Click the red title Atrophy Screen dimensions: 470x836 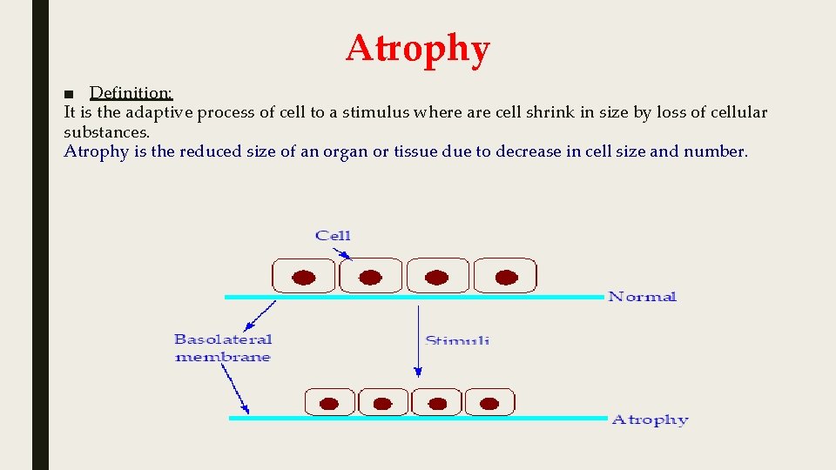click(418, 49)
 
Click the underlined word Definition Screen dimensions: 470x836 click(131, 92)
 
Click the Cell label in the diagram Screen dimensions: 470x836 click(333, 235)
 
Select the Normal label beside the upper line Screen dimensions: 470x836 click(642, 297)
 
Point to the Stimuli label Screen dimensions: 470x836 click(457, 340)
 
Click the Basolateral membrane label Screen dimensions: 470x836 click(223, 348)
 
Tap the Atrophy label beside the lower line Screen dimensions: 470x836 click(650, 420)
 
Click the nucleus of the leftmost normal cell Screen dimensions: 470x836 click(303, 277)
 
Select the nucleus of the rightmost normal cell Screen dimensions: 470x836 click(506, 277)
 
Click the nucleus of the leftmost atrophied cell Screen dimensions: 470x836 click(329, 404)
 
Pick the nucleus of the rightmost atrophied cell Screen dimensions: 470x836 click(490, 404)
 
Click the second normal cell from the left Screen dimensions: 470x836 click(370, 276)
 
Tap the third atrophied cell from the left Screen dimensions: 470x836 click(437, 402)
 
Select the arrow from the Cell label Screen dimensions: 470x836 click(342, 252)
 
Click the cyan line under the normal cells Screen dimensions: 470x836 click(414, 297)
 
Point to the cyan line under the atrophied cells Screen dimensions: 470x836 click(418, 418)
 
